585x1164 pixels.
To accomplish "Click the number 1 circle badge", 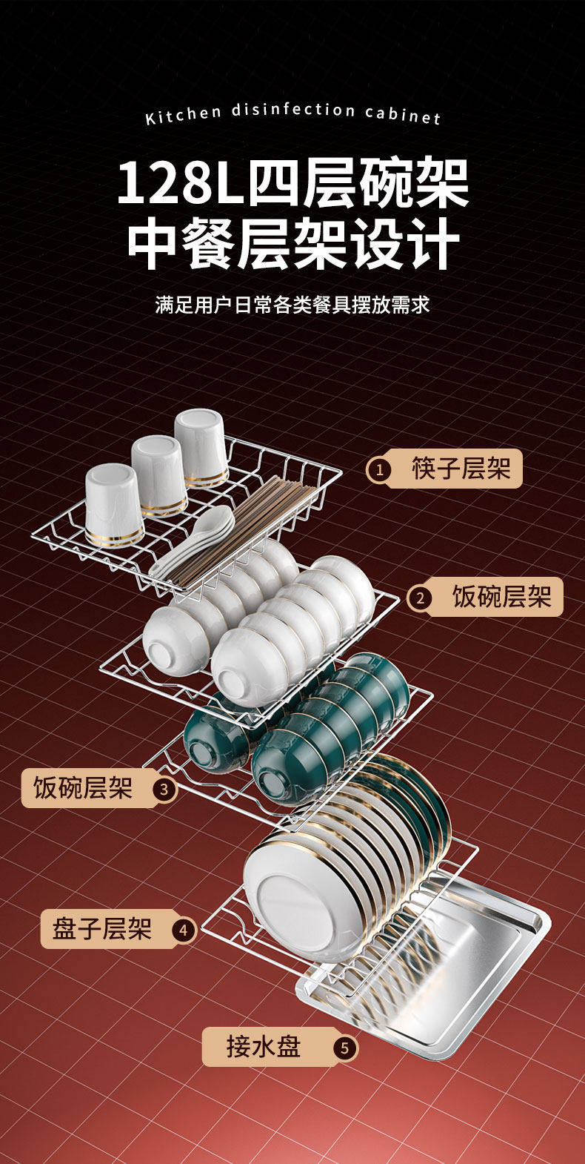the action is coord(380,469).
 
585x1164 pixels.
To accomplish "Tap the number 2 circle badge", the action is coord(420,598).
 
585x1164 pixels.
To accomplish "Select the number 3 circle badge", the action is coord(164,789).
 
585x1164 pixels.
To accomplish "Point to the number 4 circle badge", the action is coord(183,930).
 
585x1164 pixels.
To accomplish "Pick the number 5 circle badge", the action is coord(344,1048).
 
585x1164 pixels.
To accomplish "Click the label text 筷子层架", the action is coord(461,469).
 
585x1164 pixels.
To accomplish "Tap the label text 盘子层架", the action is coord(102,929).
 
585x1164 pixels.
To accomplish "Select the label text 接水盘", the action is coord(263,1047).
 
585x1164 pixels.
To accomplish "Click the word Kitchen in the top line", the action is coord(183,116).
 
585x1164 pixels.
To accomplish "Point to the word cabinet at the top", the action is coord(403,114).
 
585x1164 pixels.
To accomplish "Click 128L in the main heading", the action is coord(179,184).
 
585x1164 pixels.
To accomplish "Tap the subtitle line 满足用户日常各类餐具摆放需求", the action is coord(292,305).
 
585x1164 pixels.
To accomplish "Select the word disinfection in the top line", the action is coord(293,111).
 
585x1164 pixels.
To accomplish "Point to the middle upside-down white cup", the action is coord(158,474).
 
